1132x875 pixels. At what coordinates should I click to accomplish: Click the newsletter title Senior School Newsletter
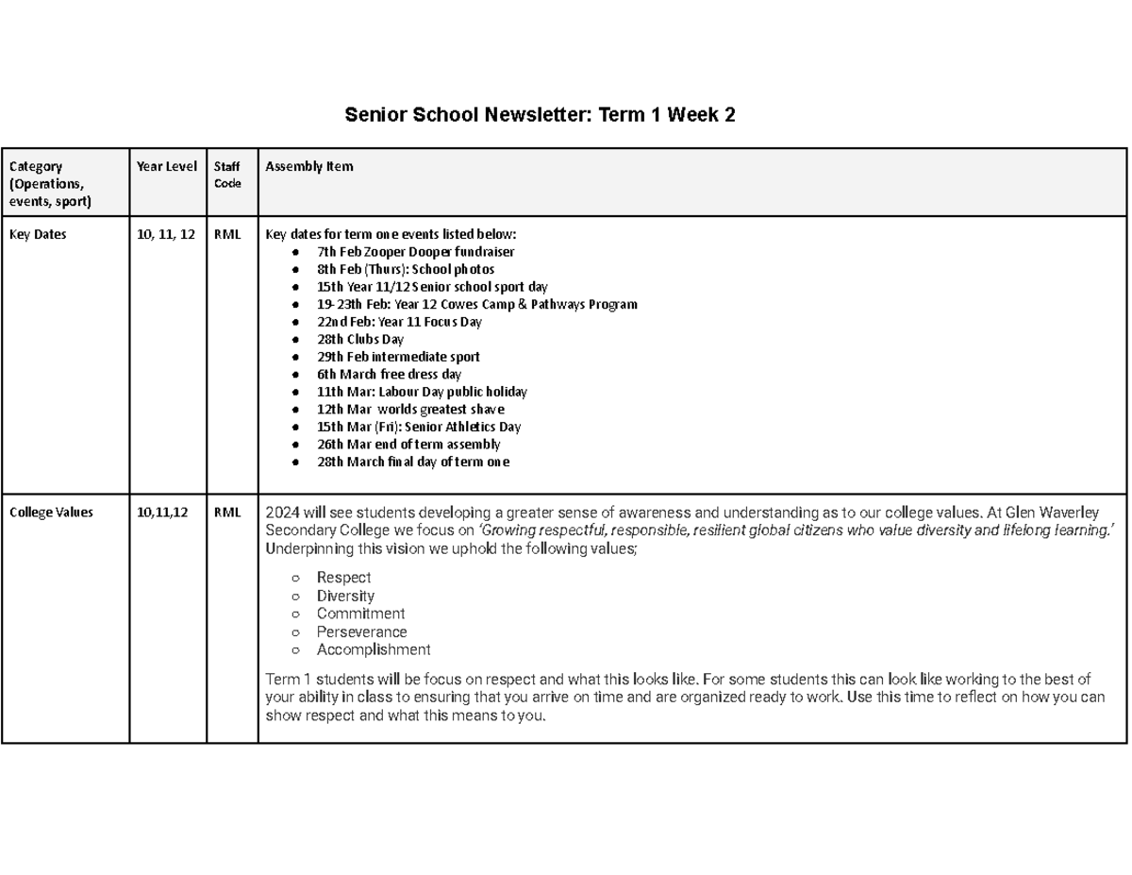tap(540, 115)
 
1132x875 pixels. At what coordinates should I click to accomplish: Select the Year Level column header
tap(167, 167)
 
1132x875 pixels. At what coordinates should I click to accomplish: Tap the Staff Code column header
tap(227, 175)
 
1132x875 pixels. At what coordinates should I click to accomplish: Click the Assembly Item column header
tap(309, 167)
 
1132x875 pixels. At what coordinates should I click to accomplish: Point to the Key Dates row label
tap(38, 235)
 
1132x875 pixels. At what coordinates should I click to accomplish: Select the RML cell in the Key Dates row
tap(226, 235)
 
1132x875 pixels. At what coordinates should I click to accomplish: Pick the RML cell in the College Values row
tap(226, 513)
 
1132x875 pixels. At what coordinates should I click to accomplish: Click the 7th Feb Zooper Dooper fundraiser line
tap(416, 252)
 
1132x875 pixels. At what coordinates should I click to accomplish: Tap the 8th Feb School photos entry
tap(406, 269)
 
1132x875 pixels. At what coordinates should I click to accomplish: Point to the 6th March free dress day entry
tap(389, 374)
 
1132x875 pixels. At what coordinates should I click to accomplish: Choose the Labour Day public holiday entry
tap(422, 392)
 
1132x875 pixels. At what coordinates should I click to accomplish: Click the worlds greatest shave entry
tap(410, 410)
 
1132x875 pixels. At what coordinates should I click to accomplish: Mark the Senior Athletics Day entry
tap(419, 427)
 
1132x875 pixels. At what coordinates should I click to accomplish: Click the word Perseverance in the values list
tap(361, 631)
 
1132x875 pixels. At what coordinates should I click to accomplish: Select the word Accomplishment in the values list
tap(374, 649)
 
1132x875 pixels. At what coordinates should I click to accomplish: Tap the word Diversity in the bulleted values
tap(345, 596)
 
